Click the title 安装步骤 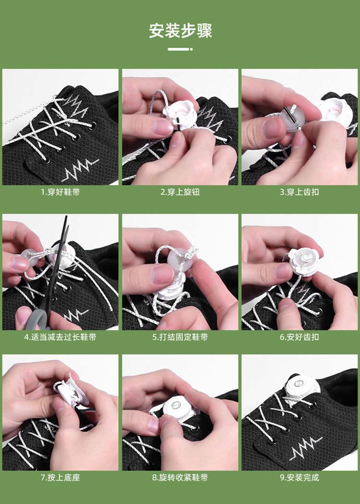pyautogui.click(x=180, y=31)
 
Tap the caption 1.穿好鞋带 pyautogui.click(x=60, y=192)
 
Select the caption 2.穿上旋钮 pyautogui.click(x=180, y=192)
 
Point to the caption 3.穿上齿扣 pyautogui.click(x=300, y=192)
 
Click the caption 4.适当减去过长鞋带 pyautogui.click(x=60, y=337)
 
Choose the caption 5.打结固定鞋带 pyautogui.click(x=180, y=337)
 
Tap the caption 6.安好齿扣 pyautogui.click(x=300, y=337)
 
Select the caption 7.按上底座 pyautogui.click(x=60, y=478)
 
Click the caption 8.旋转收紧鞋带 pyautogui.click(x=180, y=478)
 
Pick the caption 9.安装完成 pyautogui.click(x=300, y=478)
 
